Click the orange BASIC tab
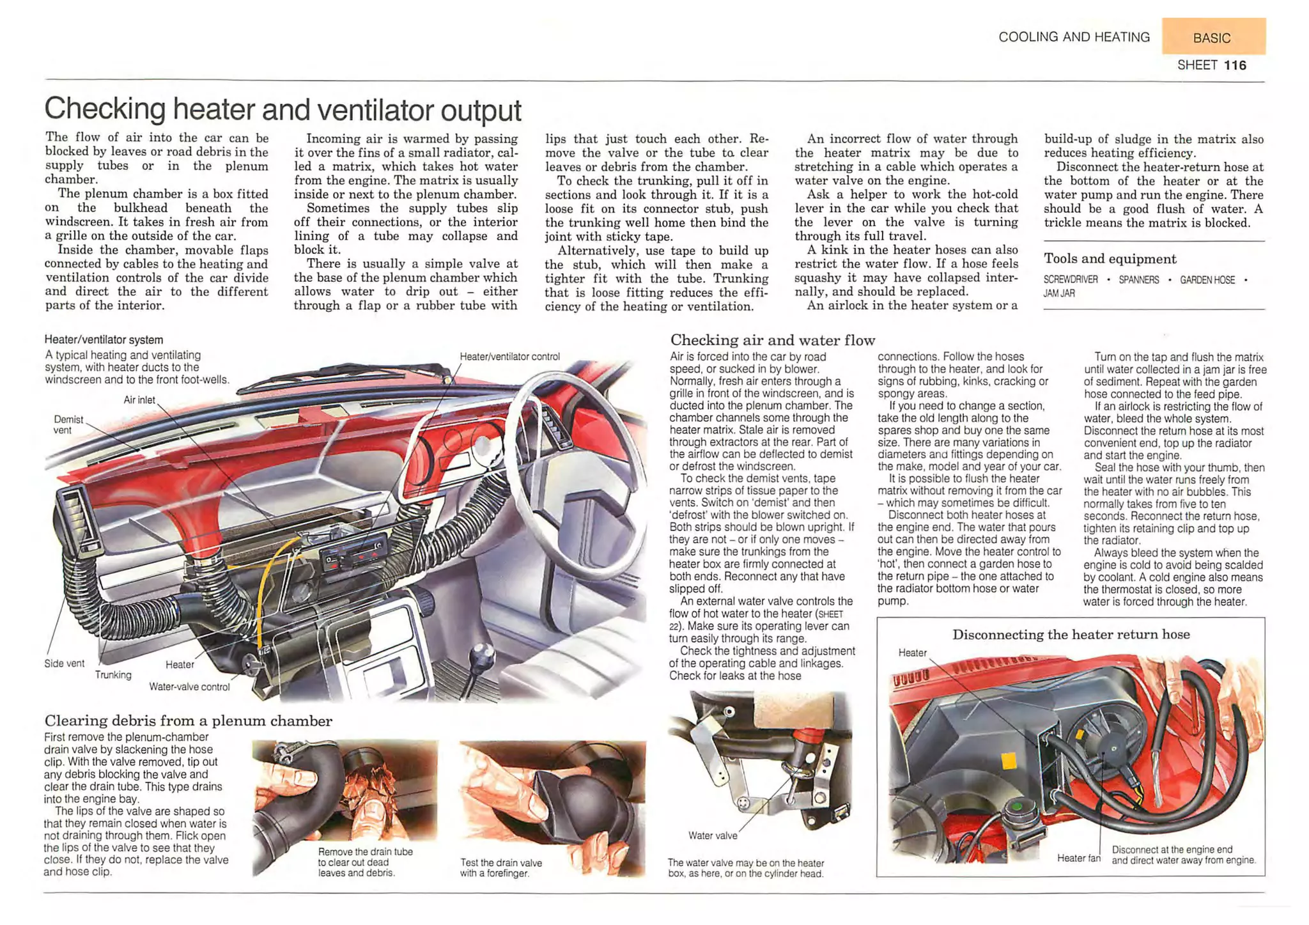pos(1212,37)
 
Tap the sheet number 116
pos(1235,65)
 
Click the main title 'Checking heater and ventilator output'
pos(283,109)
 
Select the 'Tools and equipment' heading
pos(1110,259)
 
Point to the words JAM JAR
pos(1059,293)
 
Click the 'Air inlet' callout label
pos(139,400)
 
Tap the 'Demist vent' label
pos(67,424)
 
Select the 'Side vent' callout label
pos(64,664)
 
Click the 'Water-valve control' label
pos(189,687)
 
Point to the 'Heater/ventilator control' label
pos(509,357)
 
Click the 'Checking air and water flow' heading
pos(772,340)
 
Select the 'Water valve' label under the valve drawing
pos(712,836)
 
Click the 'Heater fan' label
pos(1078,858)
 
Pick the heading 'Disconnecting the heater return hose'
pos(1071,635)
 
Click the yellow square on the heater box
pos(1008,761)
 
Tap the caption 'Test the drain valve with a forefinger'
pos(500,867)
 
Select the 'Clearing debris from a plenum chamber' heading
pos(188,721)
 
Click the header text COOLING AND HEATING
pos(1074,37)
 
